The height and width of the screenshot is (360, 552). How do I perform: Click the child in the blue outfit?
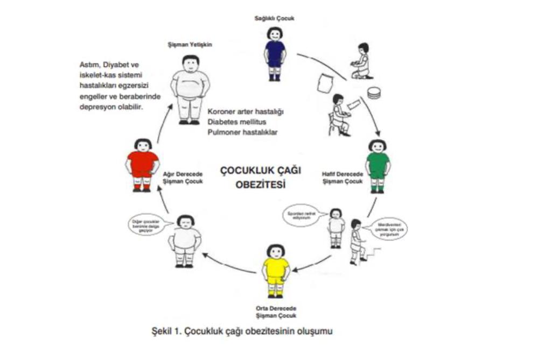[x=275, y=53]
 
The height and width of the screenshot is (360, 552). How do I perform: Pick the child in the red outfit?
[x=143, y=164]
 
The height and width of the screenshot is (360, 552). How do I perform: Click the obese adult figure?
[x=190, y=89]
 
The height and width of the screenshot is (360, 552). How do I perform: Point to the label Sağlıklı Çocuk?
[x=275, y=18]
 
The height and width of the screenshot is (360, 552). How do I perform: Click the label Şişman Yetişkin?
[x=190, y=45]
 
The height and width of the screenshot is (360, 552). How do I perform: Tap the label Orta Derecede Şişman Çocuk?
[x=276, y=312]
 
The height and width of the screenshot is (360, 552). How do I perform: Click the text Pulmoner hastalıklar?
[x=242, y=131]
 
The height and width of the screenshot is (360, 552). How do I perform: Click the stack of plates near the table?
[x=374, y=93]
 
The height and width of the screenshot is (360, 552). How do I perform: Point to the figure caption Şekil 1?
[x=242, y=331]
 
